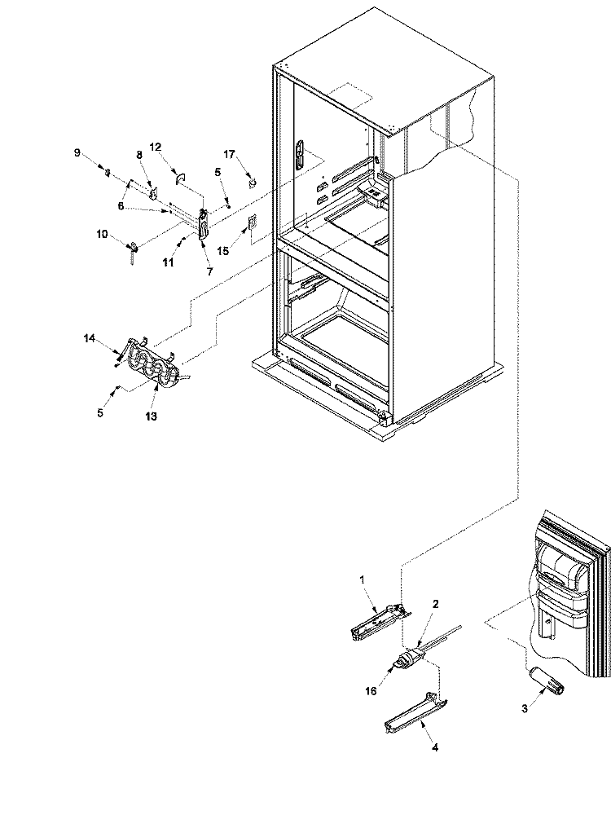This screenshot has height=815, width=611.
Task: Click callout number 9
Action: click(77, 152)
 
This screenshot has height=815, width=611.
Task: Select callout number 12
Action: click(156, 147)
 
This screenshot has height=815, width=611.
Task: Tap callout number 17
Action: click(229, 154)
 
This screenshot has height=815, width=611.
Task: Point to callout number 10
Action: click(102, 235)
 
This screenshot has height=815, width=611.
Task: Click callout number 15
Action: click(223, 251)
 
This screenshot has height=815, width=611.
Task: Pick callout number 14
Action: click(90, 338)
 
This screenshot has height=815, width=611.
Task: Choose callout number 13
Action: click(151, 416)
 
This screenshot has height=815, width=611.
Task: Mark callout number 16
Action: click(371, 691)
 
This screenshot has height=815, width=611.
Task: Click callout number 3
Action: click(525, 708)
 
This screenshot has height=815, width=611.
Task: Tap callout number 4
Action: click(435, 747)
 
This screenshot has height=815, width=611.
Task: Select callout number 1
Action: click(363, 579)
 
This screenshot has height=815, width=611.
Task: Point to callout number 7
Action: click(210, 271)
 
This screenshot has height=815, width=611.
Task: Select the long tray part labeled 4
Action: click(416, 711)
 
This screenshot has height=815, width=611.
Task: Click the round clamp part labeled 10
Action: click(134, 249)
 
